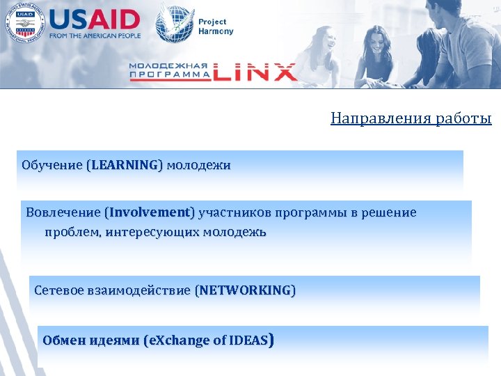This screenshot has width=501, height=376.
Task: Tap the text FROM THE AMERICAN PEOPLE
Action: [95, 35]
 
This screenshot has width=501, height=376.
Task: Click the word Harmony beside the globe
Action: [216, 31]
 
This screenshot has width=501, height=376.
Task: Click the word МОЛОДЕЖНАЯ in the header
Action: [169, 66]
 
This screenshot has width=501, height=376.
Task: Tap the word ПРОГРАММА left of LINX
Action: [169, 75]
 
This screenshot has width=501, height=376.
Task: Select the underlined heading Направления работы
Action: [411, 118]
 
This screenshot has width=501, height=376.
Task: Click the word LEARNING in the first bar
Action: [124, 166]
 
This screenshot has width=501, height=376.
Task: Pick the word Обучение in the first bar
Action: [51, 166]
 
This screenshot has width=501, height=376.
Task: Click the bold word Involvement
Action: [150, 212]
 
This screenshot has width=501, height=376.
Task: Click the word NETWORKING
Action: [245, 290]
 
